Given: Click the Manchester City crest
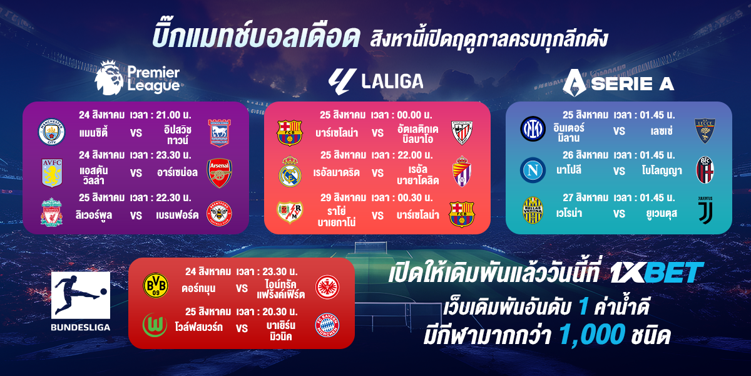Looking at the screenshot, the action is (51, 132).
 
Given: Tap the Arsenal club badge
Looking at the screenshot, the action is (219, 173).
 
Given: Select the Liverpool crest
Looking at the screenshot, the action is (51, 212).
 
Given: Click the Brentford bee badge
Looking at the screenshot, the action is (219, 213).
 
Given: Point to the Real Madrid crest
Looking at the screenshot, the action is (290, 171).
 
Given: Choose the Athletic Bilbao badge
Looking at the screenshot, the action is (462, 133).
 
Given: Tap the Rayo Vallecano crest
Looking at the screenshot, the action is (290, 212).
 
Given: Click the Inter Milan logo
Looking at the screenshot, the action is (533, 128).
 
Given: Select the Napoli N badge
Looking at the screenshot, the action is (533, 170).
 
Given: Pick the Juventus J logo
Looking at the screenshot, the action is (705, 211).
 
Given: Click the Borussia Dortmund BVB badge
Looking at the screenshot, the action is (156, 285).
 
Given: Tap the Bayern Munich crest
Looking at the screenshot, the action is (327, 325).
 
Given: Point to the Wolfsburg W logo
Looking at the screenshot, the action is (155, 325).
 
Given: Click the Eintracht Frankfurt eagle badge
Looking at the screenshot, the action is (327, 287).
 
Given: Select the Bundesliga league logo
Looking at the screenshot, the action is (81, 301).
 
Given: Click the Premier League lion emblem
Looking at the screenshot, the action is (109, 78).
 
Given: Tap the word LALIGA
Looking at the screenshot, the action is (392, 81).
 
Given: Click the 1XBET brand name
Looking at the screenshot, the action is (656, 272).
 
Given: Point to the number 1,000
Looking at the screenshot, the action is (592, 335).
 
